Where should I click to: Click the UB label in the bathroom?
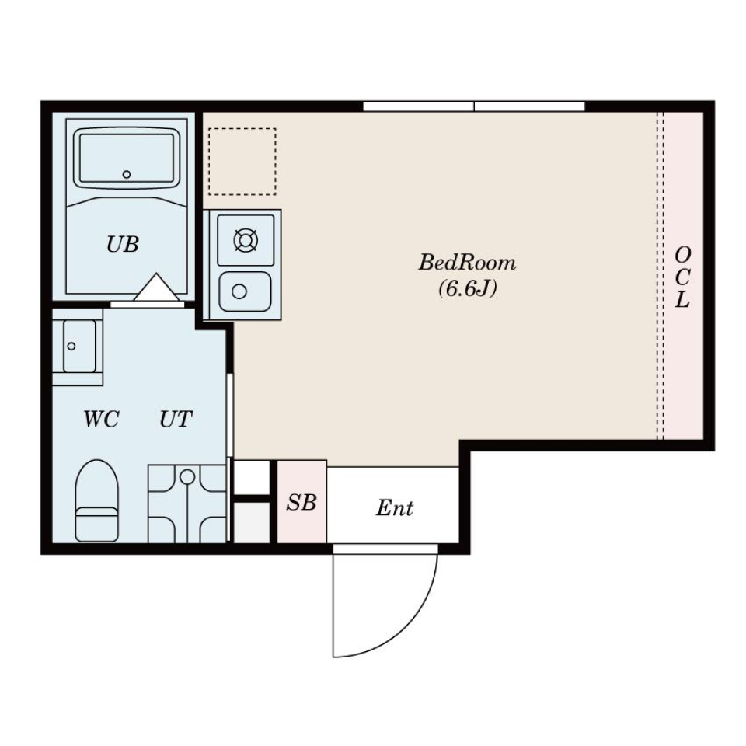(x=123, y=245)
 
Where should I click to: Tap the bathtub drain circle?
(x=127, y=174)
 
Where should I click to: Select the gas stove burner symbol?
(x=246, y=240)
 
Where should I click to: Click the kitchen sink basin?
(x=245, y=291)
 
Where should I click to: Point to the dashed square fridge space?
(x=242, y=162)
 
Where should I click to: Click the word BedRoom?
(x=467, y=263)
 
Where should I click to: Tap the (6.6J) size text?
(x=468, y=288)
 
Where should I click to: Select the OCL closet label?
(x=682, y=277)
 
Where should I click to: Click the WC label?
(x=101, y=419)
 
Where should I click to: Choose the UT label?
(x=176, y=419)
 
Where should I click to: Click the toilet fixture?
(x=96, y=500)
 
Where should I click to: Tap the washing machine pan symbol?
(x=187, y=504)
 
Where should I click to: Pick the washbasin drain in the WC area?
(x=71, y=347)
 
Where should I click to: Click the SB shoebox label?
(x=302, y=503)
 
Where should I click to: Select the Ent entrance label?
(x=395, y=508)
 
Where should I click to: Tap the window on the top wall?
(x=474, y=106)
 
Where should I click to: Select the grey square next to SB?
(x=252, y=522)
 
